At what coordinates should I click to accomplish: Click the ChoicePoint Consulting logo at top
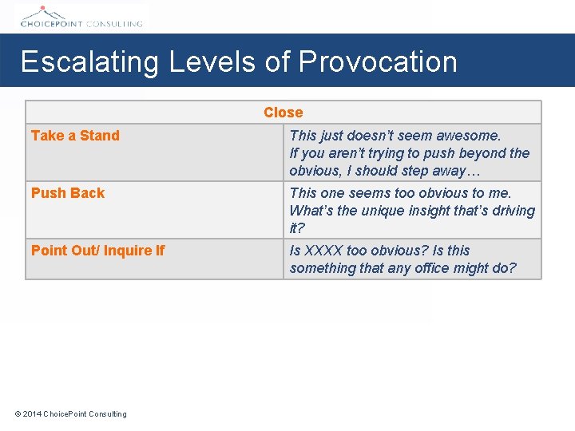(80, 16)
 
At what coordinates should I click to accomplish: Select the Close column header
(284, 113)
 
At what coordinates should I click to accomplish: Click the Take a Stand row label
(75, 136)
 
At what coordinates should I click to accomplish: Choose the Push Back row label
(68, 193)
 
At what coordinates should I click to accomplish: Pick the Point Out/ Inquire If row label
(97, 251)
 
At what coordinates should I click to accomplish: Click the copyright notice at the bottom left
(71, 413)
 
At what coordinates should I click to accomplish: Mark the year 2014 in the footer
(32, 413)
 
